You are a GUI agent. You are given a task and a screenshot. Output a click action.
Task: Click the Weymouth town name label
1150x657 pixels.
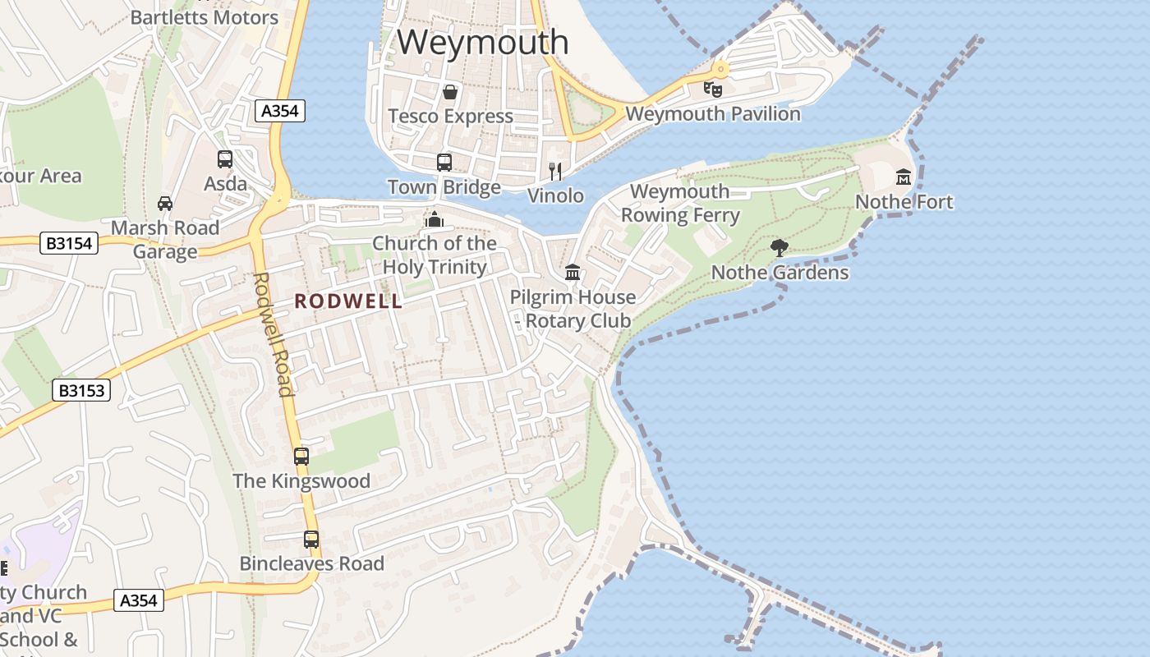click(483, 43)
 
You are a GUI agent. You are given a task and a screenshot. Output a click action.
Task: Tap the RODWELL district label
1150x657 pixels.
click(348, 301)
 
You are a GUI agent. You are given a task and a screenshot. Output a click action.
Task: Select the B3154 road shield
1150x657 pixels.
click(70, 243)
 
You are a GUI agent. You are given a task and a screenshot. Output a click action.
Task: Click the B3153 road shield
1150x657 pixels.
click(82, 390)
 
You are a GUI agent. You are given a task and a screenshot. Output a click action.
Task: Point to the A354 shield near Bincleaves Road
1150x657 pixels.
click(138, 600)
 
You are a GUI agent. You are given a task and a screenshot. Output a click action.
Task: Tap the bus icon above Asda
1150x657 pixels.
click(225, 159)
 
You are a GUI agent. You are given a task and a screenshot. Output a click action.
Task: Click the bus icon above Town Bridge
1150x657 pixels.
click(444, 163)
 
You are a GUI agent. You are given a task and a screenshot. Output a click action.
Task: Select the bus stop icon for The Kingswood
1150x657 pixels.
click(301, 457)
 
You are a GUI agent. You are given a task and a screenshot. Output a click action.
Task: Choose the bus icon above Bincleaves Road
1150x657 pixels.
click(311, 540)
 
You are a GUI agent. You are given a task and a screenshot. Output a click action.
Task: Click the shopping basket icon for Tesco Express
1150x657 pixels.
click(450, 92)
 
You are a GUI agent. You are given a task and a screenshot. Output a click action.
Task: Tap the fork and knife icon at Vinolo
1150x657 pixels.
click(555, 171)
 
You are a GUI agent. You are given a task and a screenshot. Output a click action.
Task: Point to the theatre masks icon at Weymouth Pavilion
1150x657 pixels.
click(712, 89)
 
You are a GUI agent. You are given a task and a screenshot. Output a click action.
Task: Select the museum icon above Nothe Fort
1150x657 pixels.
click(904, 177)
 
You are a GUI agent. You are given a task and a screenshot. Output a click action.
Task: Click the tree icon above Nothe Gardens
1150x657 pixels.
click(780, 247)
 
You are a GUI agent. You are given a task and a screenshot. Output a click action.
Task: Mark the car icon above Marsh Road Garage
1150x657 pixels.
click(165, 203)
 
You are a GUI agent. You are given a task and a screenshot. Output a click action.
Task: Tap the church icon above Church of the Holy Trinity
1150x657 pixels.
click(435, 219)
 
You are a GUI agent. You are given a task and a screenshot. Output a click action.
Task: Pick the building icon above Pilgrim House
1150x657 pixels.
click(573, 272)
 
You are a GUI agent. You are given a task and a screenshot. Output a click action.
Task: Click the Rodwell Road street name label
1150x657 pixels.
click(274, 333)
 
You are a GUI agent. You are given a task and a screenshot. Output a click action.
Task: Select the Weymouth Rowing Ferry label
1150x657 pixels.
click(680, 204)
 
